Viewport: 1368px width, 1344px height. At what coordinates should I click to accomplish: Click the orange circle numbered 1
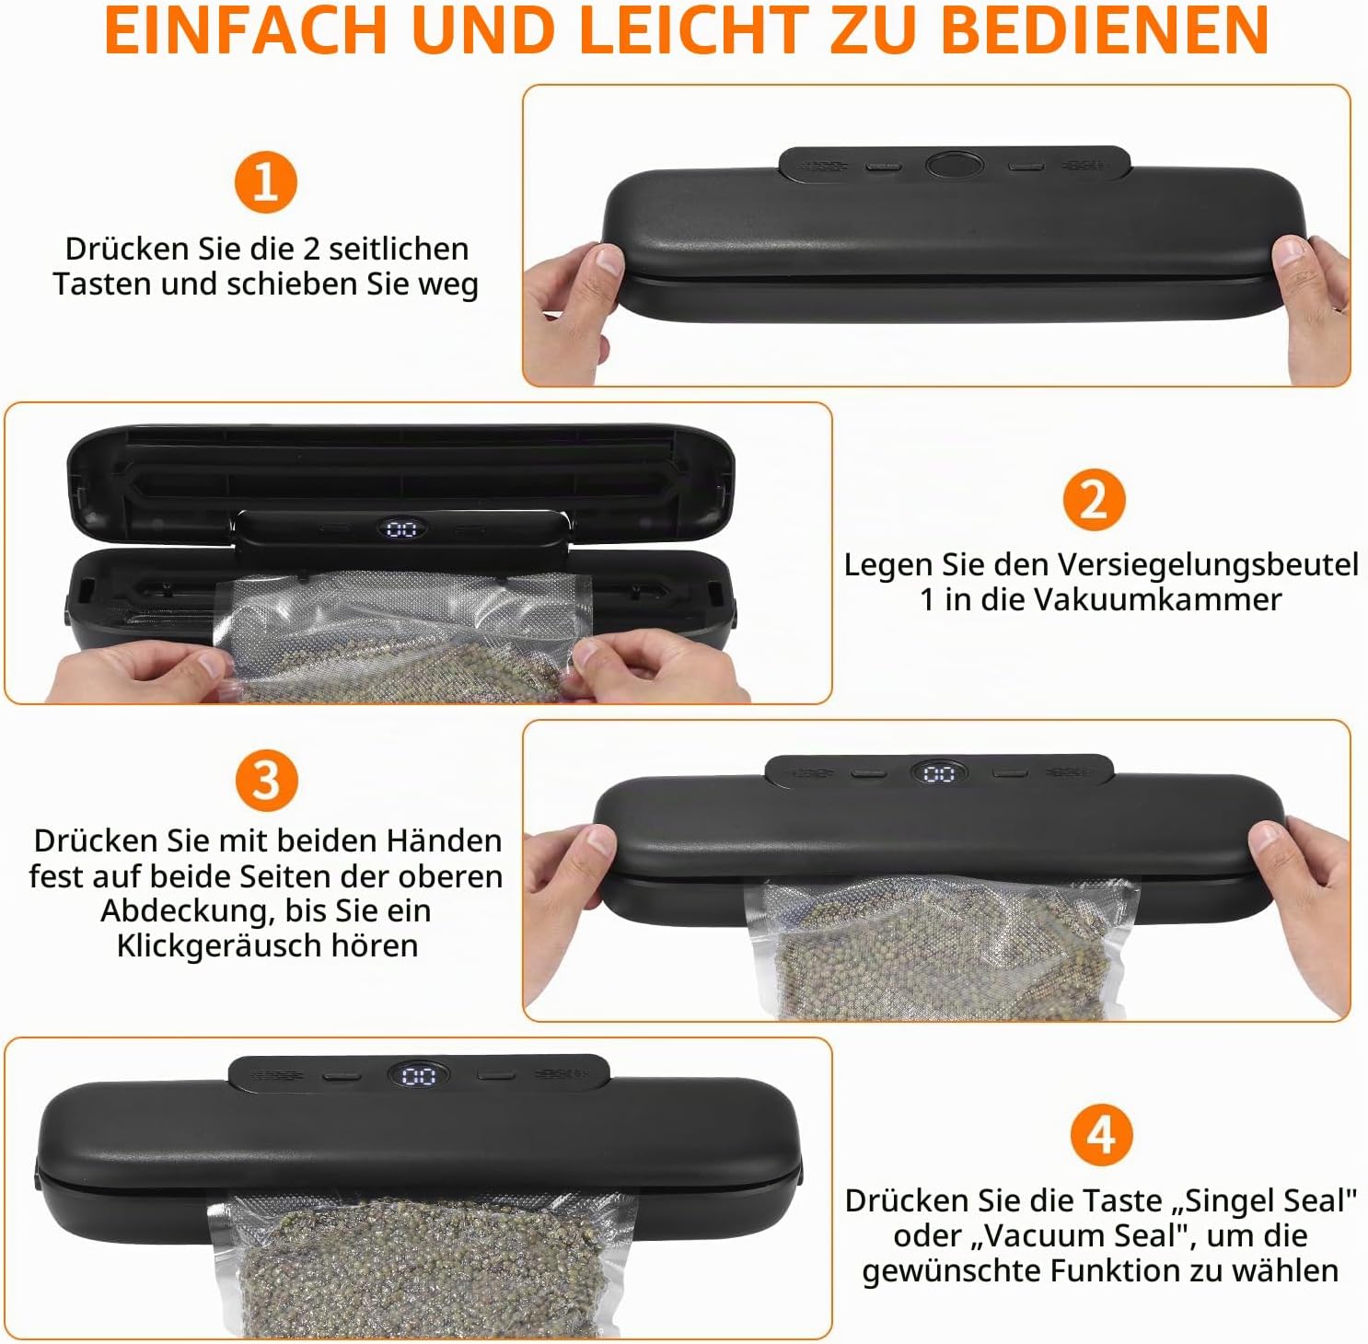265,182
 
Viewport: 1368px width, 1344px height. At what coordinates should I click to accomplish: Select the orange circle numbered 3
266,781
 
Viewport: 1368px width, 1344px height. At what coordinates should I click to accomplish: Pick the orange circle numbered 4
1102,1135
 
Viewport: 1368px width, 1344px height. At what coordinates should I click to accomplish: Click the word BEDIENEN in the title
1105,29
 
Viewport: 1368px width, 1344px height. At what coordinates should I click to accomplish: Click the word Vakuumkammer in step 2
1157,599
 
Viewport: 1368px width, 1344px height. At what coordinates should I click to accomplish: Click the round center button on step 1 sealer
955,166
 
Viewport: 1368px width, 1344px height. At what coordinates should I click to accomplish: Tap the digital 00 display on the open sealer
401,529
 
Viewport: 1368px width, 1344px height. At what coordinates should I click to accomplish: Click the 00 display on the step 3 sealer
939,773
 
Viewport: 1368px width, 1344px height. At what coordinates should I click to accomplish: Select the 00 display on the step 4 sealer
419,1075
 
